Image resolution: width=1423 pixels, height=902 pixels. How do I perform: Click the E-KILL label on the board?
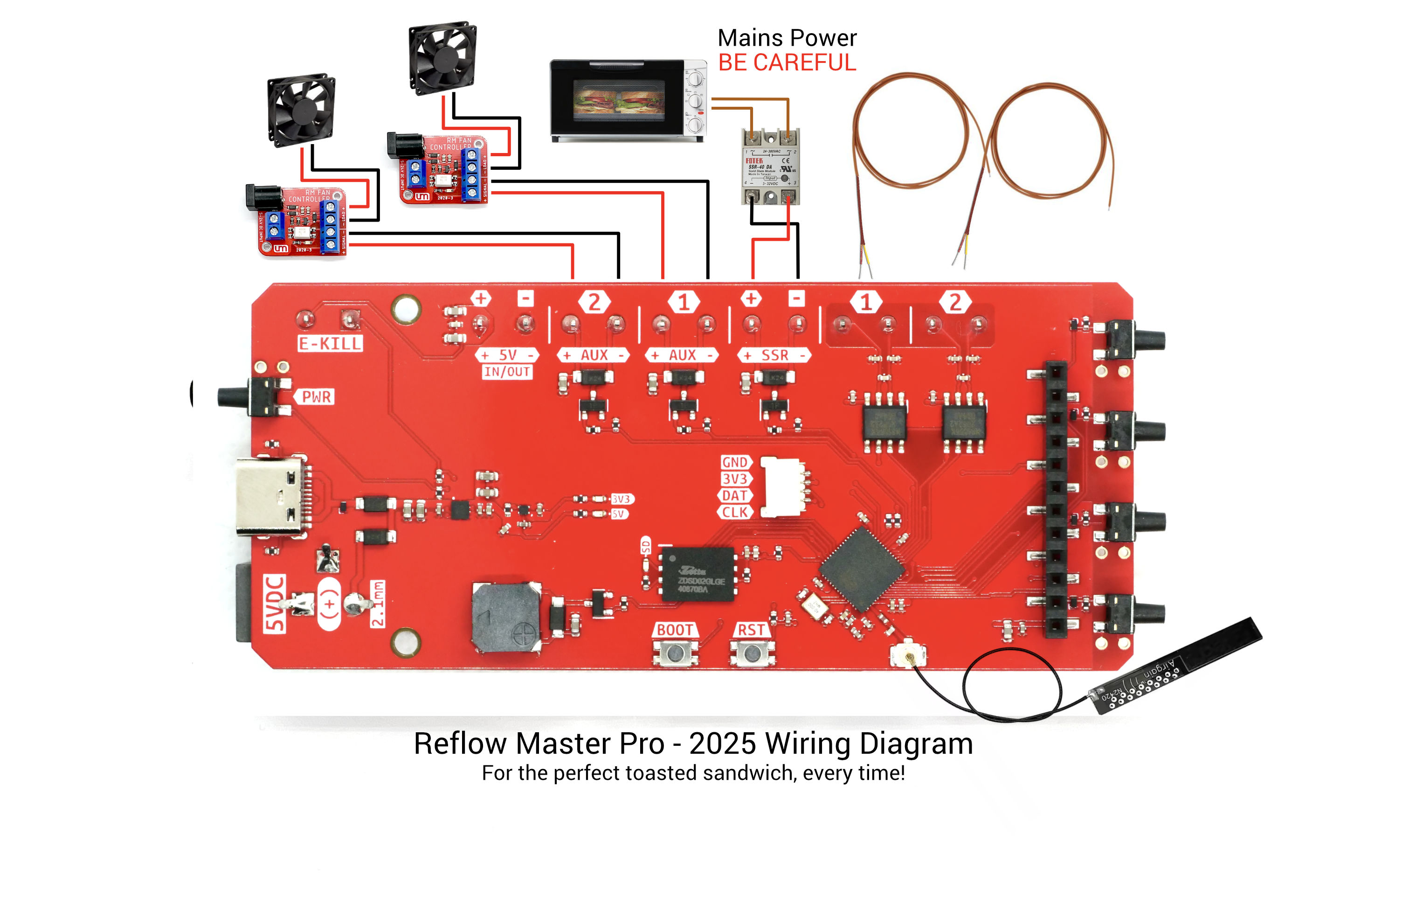pyautogui.click(x=330, y=343)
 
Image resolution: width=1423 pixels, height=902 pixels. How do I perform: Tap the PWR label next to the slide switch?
pyautogui.click(x=317, y=396)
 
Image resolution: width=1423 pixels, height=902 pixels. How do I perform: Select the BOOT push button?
pyautogui.click(x=674, y=652)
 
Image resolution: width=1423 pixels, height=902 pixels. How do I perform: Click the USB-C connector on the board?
pyautogui.click(x=270, y=497)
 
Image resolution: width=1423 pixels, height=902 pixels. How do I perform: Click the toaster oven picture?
pyautogui.click(x=628, y=100)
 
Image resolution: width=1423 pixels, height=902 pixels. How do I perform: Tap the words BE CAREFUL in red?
pyautogui.click(x=787, y=62)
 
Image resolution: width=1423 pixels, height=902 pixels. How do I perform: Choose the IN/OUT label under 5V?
pyautogui.click(x=506, y=372)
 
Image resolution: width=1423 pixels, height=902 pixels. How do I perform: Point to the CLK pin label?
pyautogui.click(x=734, y=513)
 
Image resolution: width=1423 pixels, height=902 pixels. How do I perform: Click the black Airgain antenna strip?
pyautogui.click(x=1176, y=666)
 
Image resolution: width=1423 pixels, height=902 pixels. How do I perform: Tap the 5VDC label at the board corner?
pyautogui.click(x=275, y=604)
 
